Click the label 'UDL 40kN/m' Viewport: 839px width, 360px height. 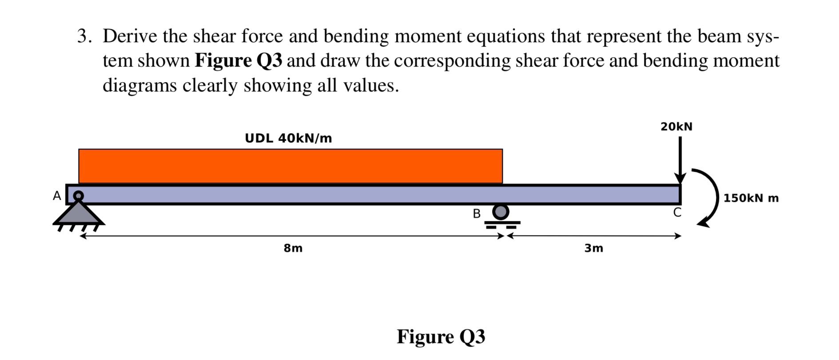point(288,138)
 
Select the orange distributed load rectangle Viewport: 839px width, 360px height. point(290,166)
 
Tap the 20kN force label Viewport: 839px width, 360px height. point(676,127)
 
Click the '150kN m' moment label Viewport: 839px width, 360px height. point(751,198)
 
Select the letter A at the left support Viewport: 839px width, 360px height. point(57,196)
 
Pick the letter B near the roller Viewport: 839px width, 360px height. point(477,214)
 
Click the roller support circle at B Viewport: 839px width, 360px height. point(501,212)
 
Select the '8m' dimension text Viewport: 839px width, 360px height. point(293,249)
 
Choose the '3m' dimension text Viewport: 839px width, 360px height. point(594,249)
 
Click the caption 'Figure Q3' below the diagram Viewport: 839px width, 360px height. point(441,337)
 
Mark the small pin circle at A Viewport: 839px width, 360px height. point(78,195)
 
